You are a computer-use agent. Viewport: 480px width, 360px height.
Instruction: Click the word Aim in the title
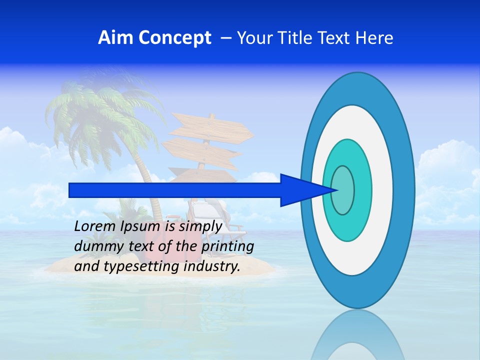click(x=115, y=38)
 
